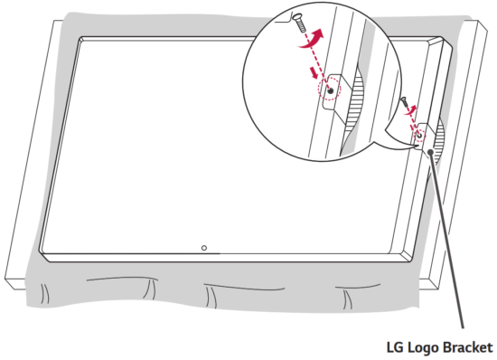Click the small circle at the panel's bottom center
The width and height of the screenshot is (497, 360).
(204, 248)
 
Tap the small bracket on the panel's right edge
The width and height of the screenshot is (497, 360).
(423, 136)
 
